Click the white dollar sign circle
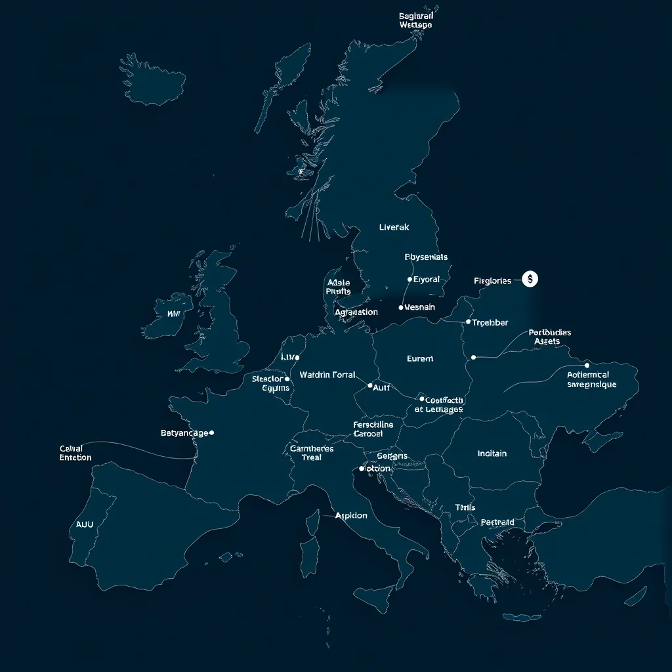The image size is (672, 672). click(530, 279)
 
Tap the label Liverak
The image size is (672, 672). click(394, 227)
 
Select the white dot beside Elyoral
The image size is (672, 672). click(410, 280)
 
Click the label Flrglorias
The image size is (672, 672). click(492, 281)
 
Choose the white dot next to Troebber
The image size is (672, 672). click(468, 322)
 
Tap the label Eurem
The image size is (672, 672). click(420, 359)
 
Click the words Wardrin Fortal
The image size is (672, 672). click(327, 375)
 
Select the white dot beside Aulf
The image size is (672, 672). click(370, 386)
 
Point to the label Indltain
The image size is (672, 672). click(492, 453)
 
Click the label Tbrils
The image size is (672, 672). click(465, 507)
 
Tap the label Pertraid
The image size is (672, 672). click(497, 522)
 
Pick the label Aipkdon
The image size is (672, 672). click(351, 516)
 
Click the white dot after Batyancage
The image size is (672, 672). click(211, 432)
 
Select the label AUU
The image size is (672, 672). click(85, 525)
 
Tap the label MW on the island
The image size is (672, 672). click(173, 314)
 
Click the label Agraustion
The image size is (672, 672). click(356, 312)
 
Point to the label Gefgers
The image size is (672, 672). click(392, 456)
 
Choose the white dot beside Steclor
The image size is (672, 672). click(287, 379)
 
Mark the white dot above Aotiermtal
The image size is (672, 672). click(587, 365)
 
